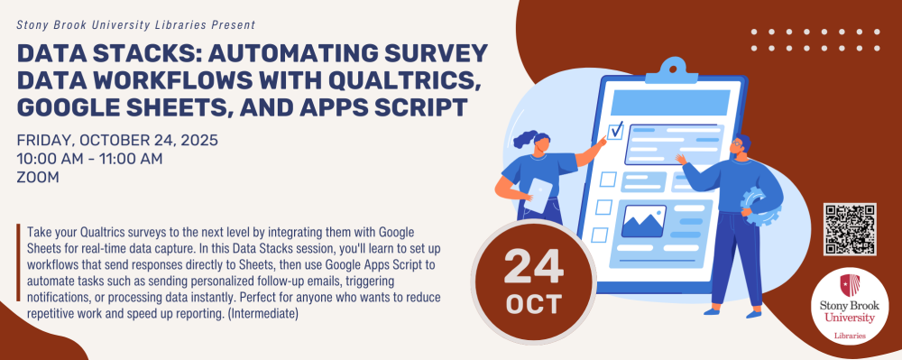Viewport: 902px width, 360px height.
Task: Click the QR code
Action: (850, 229)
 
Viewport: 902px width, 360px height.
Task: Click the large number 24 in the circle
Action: (534, 267)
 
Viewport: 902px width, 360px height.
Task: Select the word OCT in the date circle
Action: (533, 304)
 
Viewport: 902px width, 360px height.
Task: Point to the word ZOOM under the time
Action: (38, 178)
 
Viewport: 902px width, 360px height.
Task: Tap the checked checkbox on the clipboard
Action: (615, 131)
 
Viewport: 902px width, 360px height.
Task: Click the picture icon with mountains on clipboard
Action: (644, 221)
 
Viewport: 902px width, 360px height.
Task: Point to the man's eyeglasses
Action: (737, 143)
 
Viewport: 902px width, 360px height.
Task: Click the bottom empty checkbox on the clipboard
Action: (600, 235)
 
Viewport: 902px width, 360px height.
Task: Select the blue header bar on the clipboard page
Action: (670, 102)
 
